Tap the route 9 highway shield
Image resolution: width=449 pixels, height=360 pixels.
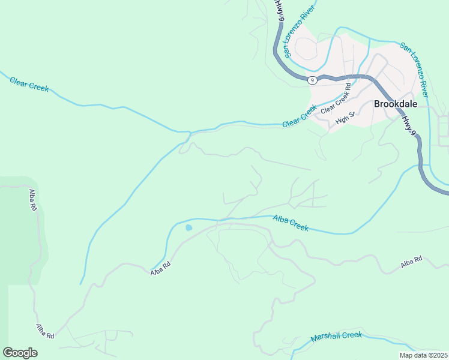311,80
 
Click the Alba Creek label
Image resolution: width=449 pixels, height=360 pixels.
291,223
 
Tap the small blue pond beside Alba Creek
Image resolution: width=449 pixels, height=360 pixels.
188,228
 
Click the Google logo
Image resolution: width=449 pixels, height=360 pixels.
20,353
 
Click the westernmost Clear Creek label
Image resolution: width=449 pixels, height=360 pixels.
29,84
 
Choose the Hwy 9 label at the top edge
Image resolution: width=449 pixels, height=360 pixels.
279,10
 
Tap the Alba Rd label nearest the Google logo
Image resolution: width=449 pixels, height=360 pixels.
45,332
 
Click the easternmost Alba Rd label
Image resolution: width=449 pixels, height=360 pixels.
412,262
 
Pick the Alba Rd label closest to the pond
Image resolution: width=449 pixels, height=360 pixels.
160,268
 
